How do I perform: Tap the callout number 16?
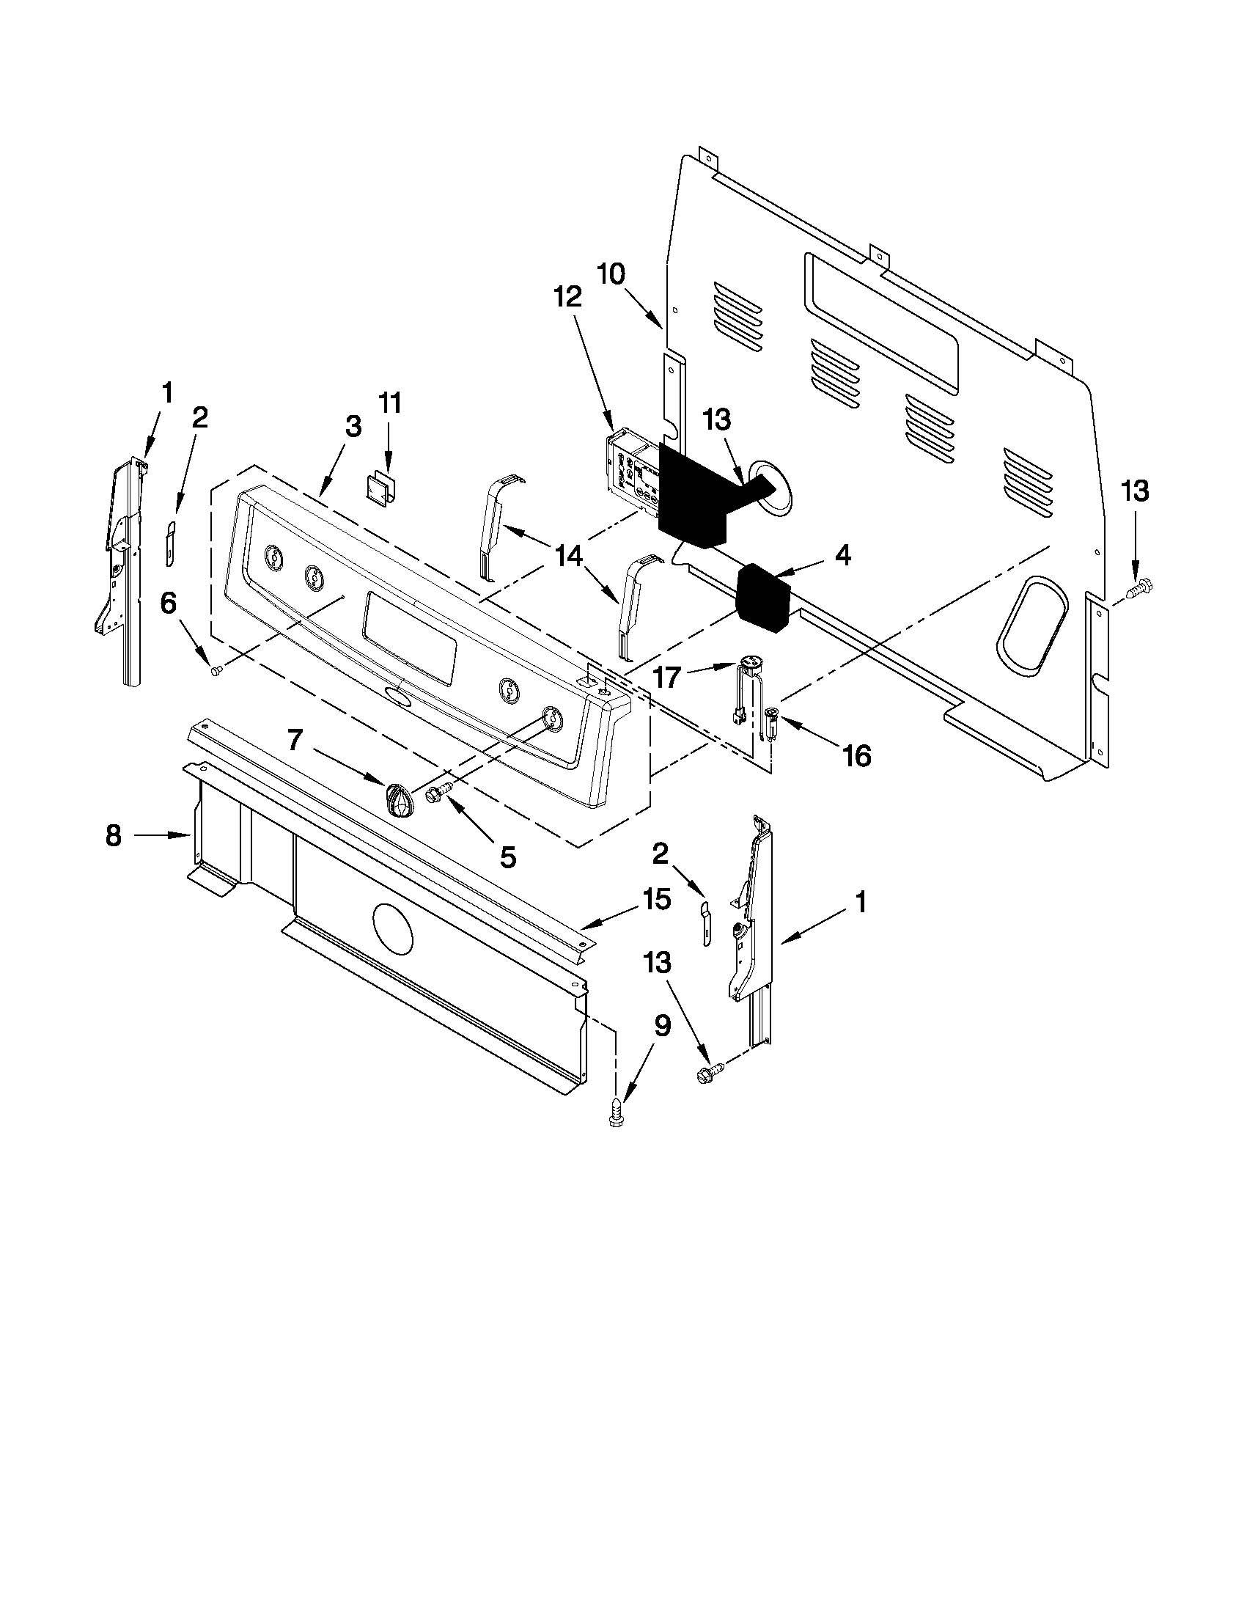(x=856, y=755)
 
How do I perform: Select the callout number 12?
(x=568, y=297)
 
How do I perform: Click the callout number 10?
(x=611, y=274)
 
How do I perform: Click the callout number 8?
(x=113, y=836)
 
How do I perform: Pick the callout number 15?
(x=657, y=899)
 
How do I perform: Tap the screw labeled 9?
(x=614, y=1121)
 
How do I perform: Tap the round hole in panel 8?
(x=393, y=926)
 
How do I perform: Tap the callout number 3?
(x=353, y=426)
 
